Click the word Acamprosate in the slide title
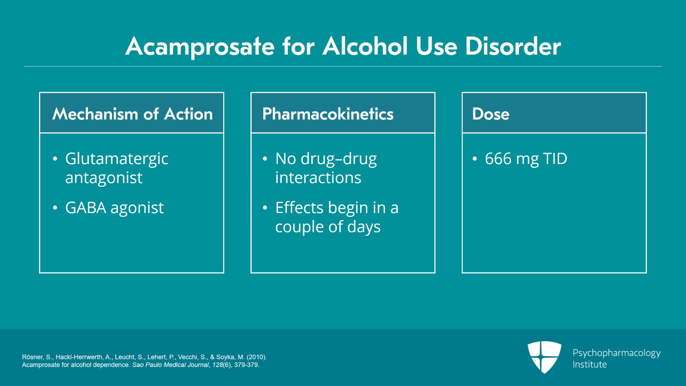click(x=200, y=46)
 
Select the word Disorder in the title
click(x=513, y=46)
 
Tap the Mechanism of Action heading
click(x=132, y=114)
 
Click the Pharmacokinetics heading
click(x=328, y=114)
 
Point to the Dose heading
click(x=491, y=114)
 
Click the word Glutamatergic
click(x=117, y=159)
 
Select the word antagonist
click(x=104, y=178)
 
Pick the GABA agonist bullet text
click(x=114, y=208)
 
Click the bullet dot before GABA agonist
click(x=55, y=208)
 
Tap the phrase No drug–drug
click(x=326, y=159)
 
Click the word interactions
click(x=318, y=178)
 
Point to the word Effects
click(x=299, y=208)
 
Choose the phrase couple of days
click(x=328, y=227)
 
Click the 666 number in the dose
click(x=498, y=159)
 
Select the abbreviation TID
click(x=555, y=159)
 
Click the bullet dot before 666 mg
click(x=475, y=159)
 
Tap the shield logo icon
click(x=545, y=357)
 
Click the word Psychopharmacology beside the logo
click(x=617, y=353)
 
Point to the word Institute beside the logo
click(x=590, y=365)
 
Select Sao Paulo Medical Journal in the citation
click(x=170, y=365)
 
